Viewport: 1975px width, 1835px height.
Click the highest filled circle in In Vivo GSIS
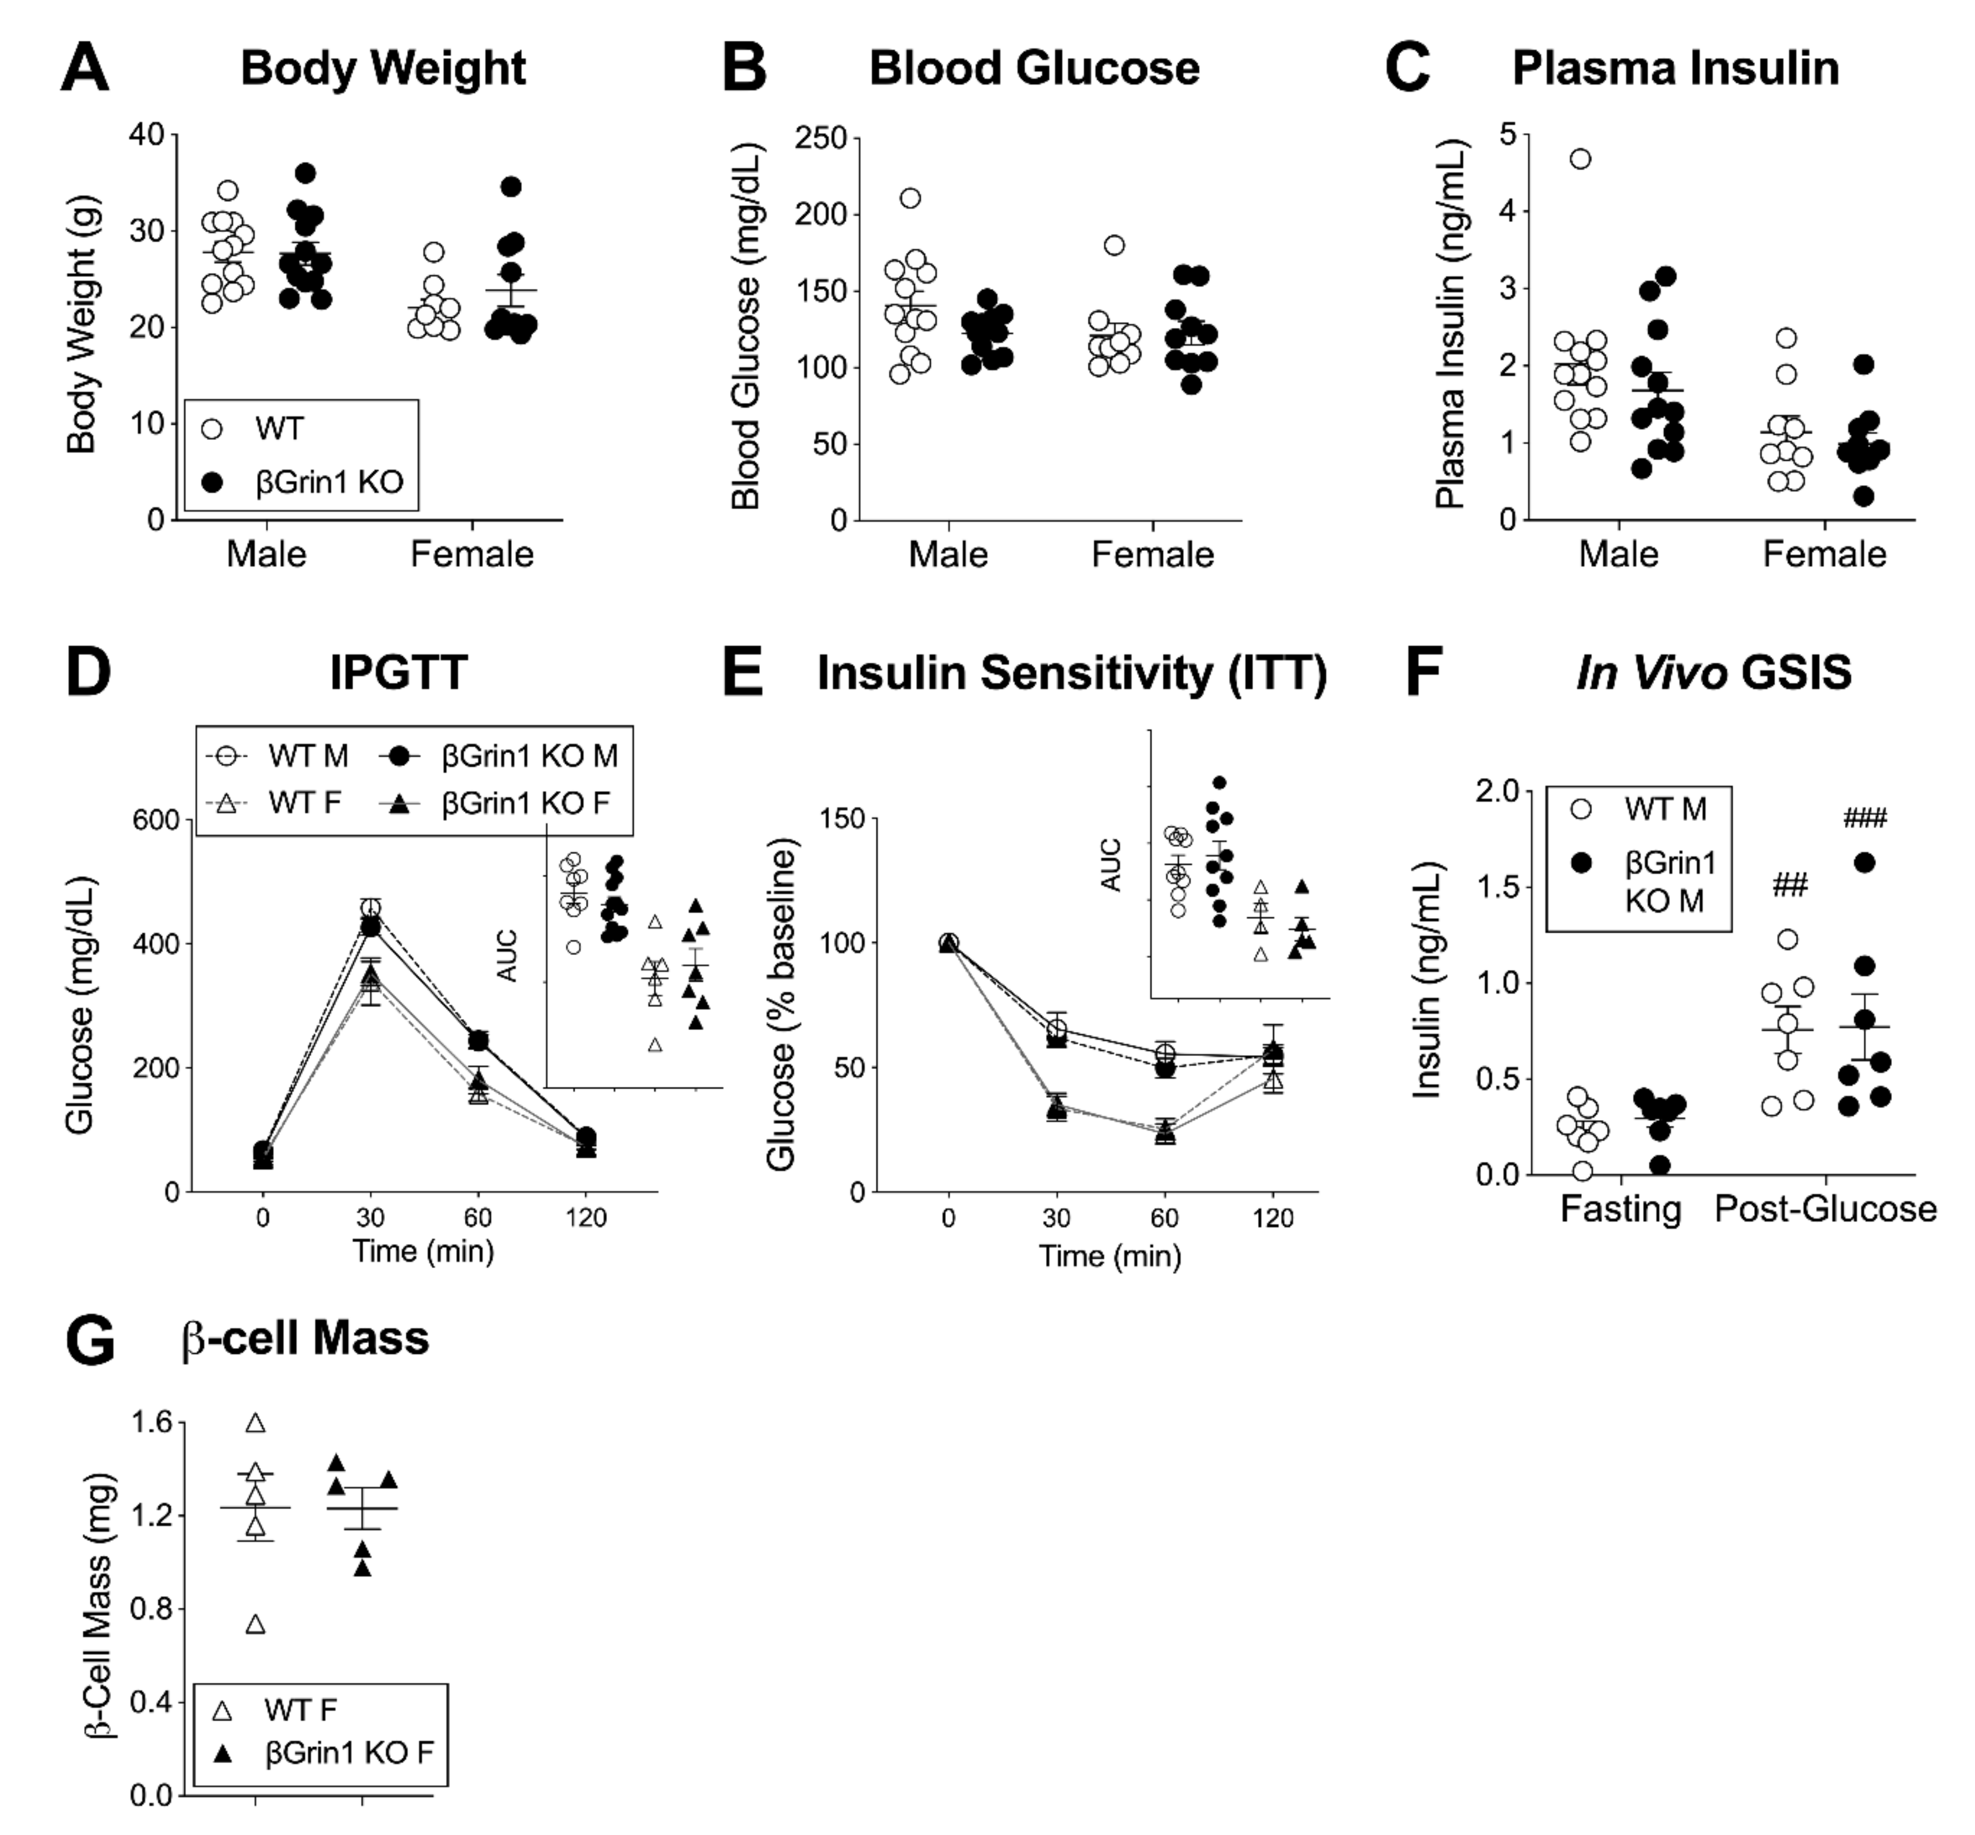coord(1864,863)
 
